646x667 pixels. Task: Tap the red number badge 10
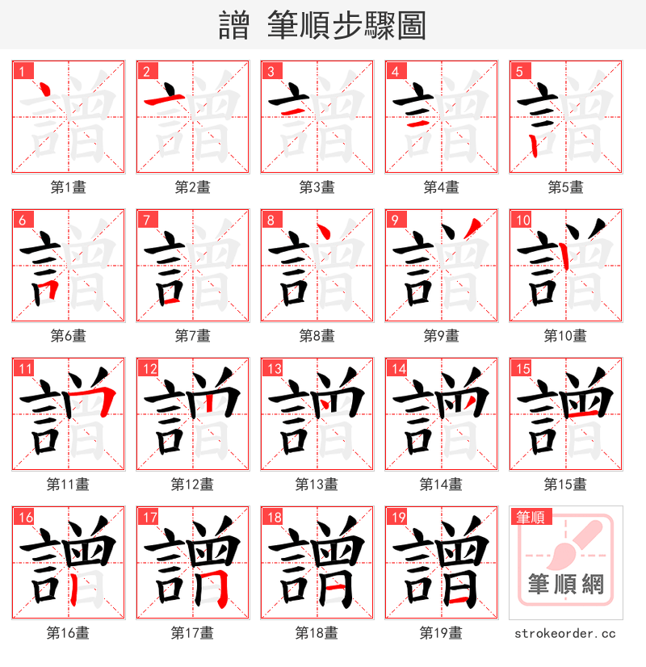(x=522, y=220)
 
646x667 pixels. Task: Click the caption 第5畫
(x=565, y=187)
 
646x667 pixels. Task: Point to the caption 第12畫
(x=192, y=485)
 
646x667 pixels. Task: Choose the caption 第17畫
(x=192, y=633)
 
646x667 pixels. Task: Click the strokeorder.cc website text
(x=565, y=634)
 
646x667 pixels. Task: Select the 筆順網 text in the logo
(x=565, y=583)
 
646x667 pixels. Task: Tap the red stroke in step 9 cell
(x=474, y=233)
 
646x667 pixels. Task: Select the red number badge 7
(x=146, y=220)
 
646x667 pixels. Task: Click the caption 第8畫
(x=317, y=336)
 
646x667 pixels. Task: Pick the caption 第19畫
(x=441, y=633)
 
